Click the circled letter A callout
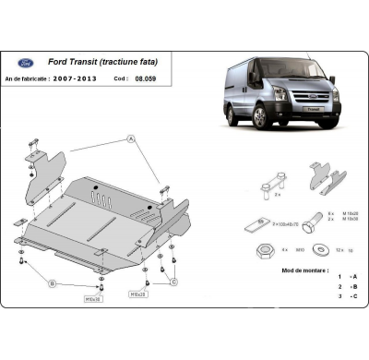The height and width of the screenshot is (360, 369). click(x=131, y=138)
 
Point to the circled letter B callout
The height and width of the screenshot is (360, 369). click(x=52, y=282)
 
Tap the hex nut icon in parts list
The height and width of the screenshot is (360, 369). click(x=263, y=246)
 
